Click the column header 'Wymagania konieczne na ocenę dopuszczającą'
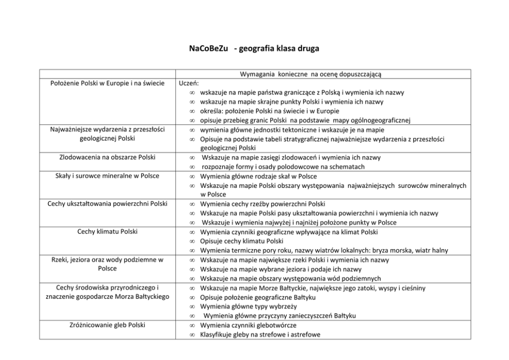pos(310,74)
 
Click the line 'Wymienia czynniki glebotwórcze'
pos(248,325)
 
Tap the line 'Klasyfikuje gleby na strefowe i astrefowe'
pos(260,334)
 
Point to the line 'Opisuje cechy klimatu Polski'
pos(242,241)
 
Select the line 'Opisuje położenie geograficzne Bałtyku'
pos(258,297)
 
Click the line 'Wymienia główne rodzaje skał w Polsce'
pos(258,176)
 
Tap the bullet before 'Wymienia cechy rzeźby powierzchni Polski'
pos(191,204)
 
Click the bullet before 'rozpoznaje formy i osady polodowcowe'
pos(191,167)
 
